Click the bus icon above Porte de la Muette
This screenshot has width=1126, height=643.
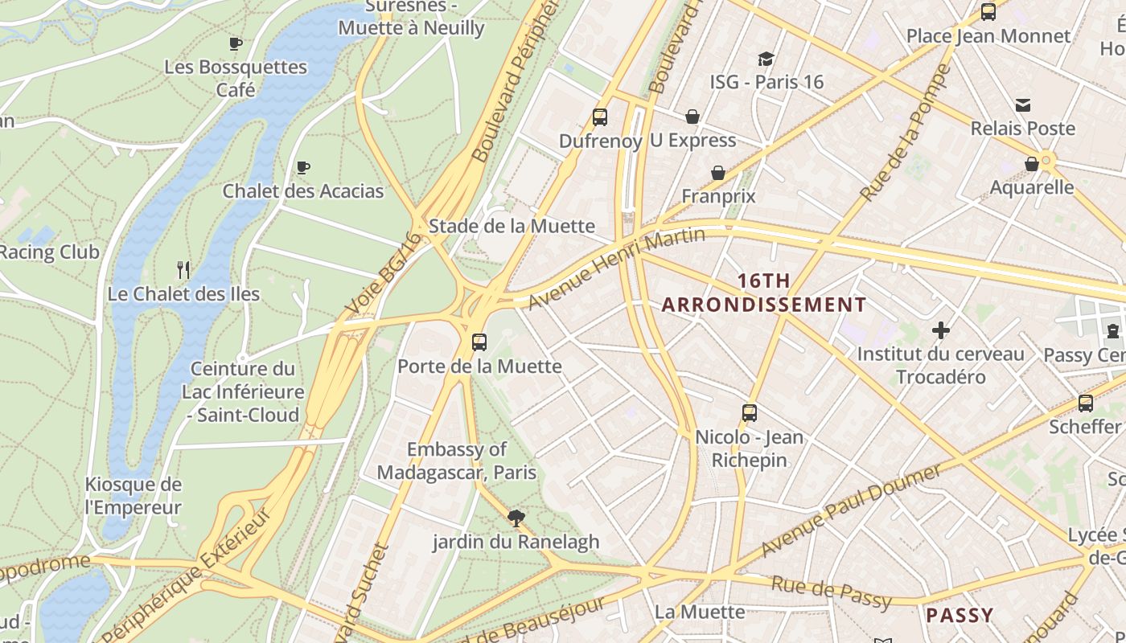coord(479,342)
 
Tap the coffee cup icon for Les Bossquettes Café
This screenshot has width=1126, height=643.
coord(236,43)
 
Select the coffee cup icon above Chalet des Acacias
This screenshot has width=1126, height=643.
coord(303,167)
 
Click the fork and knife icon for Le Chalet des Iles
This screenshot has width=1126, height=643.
coord(183,270)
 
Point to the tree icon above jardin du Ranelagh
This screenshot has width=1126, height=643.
coord(516,518)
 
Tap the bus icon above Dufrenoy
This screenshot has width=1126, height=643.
coord(600,117)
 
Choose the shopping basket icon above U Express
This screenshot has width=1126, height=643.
coord(692,117)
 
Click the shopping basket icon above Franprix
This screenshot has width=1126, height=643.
coord(718,173)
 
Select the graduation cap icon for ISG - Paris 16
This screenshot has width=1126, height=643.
coord(766,59)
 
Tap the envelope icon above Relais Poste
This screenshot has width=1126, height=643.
coord(1023,105)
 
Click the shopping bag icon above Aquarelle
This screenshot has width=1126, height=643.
coord(1032,164)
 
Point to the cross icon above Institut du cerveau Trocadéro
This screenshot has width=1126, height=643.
coord(941,330)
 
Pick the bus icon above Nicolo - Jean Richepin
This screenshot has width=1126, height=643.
coord(750,413)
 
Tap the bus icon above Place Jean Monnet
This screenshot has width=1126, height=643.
coord(988,12)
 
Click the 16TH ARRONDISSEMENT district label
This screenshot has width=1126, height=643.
coord(763,293)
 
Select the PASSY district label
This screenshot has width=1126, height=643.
coord(960,616)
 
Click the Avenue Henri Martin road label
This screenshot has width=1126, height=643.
coord(616,268)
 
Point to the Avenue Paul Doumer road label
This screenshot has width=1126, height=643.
coord(850,510)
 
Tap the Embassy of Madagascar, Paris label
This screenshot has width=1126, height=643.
coord(457,461)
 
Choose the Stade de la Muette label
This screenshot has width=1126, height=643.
coord(512,226)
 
